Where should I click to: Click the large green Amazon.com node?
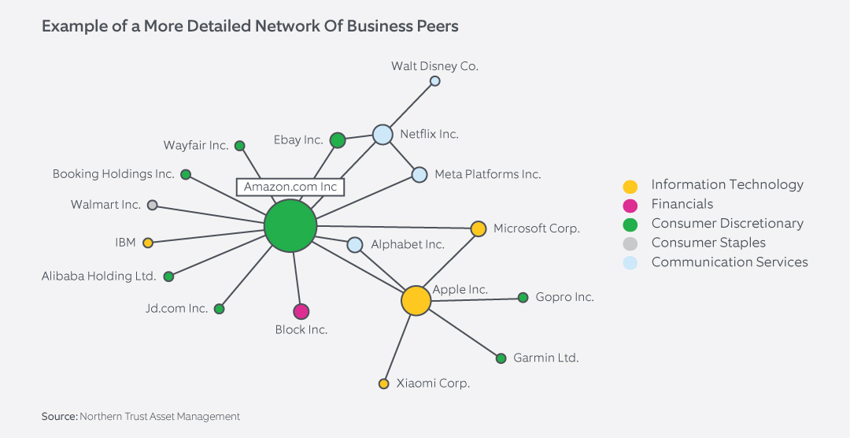tap(290, 225)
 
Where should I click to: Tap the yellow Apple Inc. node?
tap(416, 300)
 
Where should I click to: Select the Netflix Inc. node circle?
tap(382, 135)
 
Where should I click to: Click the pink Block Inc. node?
tap(301, 311)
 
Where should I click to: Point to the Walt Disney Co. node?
tap(434, 81)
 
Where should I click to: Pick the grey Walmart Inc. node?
tap(153, 205)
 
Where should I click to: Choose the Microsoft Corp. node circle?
tap(478, 228)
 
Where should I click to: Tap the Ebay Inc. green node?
tap(338, 140)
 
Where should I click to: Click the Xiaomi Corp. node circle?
tap(384, 384)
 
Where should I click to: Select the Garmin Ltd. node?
tap(501, 358)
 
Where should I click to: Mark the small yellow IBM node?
tap(148, 243)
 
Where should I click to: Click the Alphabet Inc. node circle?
tap(355, 245)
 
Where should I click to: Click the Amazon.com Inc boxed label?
tap(290, 187)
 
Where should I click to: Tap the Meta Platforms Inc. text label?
tap(487, 174)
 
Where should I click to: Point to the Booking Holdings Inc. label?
tap(113, 174)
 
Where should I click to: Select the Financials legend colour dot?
tap(630, 206)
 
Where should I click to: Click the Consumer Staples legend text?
tap(708, 243)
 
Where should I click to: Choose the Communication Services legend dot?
tap(630, 262)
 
